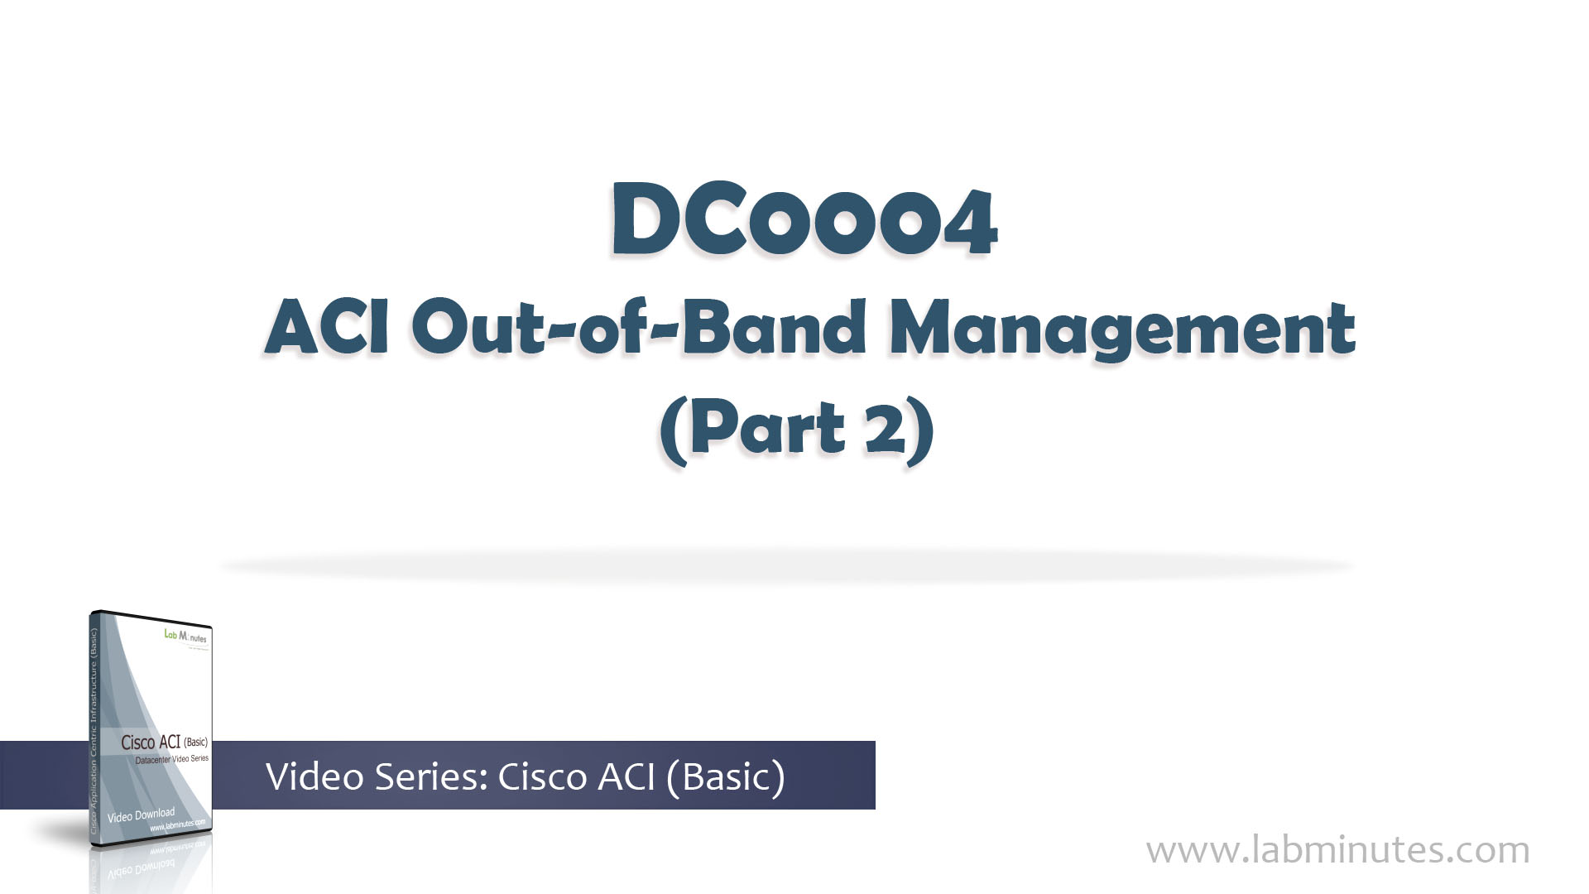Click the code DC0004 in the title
(x=804, y=222)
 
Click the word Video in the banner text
(x=314, y=776)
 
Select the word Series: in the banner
(x=434, y=776)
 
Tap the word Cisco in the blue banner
(x=543, y=776)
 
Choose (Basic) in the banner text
(x=723, y=776)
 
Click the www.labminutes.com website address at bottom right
(x=1337, y=850)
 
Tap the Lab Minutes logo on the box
(x=186, y=637)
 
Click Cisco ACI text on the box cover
(x=151, y=743)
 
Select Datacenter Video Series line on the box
(x=171, y=759)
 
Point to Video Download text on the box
(x=141, y=815)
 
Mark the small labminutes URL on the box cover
(x=177, y=826)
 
